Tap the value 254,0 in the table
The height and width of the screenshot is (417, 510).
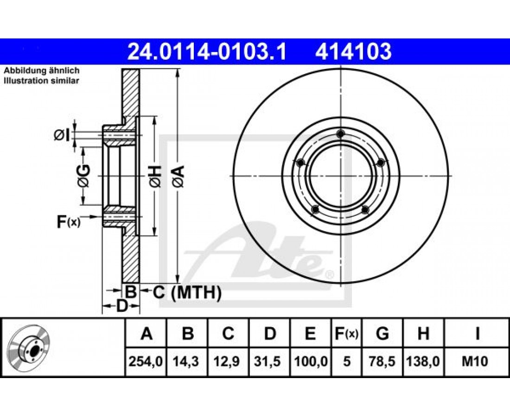[x=146, y=361]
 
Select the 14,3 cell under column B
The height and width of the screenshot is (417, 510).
[x=187, y=361]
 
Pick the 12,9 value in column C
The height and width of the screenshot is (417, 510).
[x=228, y=361]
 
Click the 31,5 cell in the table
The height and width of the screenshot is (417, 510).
[x=269, y=361]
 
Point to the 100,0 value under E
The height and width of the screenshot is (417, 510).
[x=311, y=361]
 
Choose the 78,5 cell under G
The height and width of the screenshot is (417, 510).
[x=382, y=361]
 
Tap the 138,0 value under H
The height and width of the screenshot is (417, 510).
[x=423, y=361]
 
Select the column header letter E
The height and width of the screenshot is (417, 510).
[x=310, y=334]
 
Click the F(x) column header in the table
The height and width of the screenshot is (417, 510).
[x=346, y=334]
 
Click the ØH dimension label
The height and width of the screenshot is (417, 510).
[x=155, y=177]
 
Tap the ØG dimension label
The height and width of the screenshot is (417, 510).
[x=83, y=176]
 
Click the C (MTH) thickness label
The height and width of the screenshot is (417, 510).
[x=187, y=292]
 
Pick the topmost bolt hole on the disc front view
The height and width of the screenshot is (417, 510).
[x=341, y=133]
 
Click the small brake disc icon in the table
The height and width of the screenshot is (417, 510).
[x=29, y=347]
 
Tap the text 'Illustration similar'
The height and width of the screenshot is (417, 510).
[x=41, y=81]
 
